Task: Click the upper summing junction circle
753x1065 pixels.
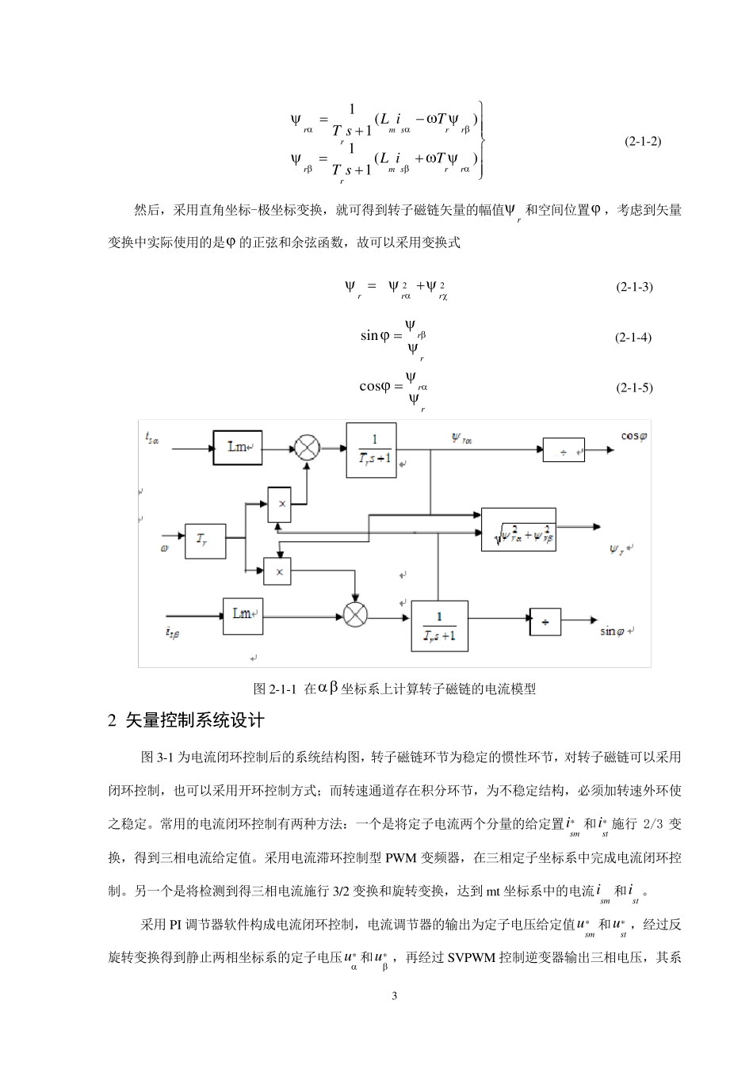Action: pos(307,448)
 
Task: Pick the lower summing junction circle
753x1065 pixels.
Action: pos(355,613)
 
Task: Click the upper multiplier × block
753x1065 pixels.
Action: pos(279,502)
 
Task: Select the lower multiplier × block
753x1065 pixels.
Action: pos(277,571)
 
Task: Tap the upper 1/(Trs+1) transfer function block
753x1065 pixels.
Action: pos(372,450)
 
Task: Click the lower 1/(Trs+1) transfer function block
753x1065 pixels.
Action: pos(438,625)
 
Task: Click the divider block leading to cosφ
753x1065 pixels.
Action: pos(564,450)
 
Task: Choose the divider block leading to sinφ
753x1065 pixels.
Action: pos(545,621)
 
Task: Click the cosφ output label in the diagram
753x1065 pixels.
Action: pos(633,435)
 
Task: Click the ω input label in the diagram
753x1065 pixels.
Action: pos(164,548)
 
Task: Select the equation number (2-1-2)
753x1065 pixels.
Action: pos(642,142)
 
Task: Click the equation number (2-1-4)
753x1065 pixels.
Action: pos(633,337)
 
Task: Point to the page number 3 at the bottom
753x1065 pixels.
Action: pos(394,995)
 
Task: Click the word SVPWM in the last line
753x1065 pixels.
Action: pos(472,957)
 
